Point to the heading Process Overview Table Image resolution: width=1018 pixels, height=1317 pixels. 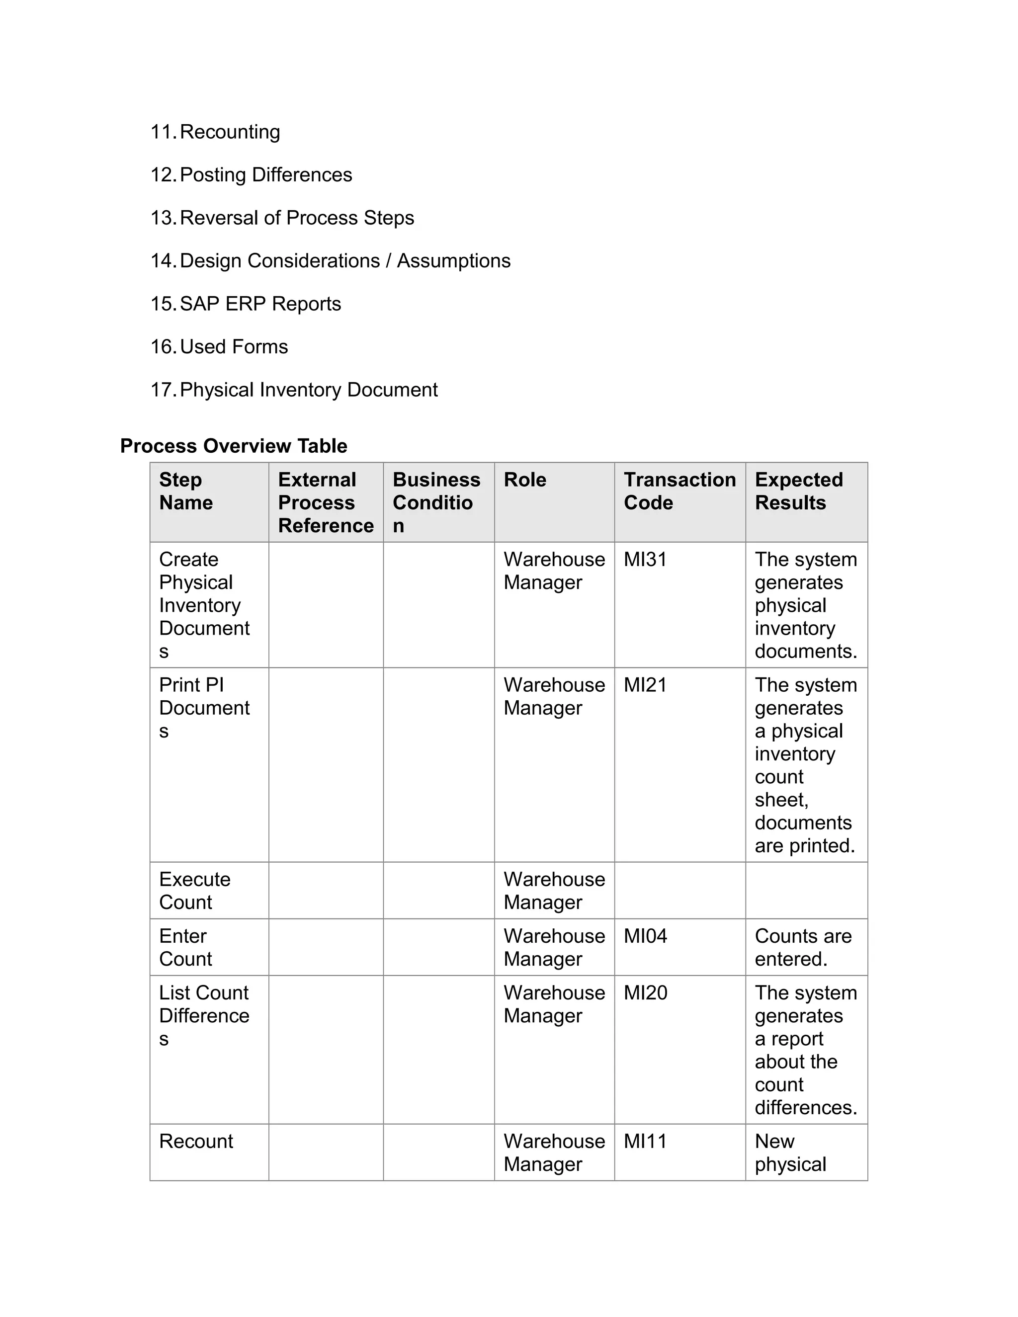(234, 446)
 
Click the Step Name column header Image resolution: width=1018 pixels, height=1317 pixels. (186, 491)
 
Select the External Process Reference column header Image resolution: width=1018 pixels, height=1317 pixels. (325, 502)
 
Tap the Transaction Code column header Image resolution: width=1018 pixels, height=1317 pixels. (679, 491)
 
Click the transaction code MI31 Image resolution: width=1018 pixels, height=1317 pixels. (645, 560)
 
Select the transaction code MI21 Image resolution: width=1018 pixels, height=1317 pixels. (645, 685)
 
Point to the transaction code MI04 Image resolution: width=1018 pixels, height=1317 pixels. (645, 936)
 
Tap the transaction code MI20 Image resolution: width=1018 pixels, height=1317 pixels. (645, 992)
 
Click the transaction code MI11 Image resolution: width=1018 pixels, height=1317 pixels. (645, 1141)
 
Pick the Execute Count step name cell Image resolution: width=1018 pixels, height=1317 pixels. (194, 891)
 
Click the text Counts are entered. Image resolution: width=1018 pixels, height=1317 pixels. (802, 947)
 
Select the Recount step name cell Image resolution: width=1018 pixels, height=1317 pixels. (196, 1141)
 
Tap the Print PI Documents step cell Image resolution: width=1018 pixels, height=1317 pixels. (204, 707)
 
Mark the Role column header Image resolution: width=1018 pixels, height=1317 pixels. (525, 480)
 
